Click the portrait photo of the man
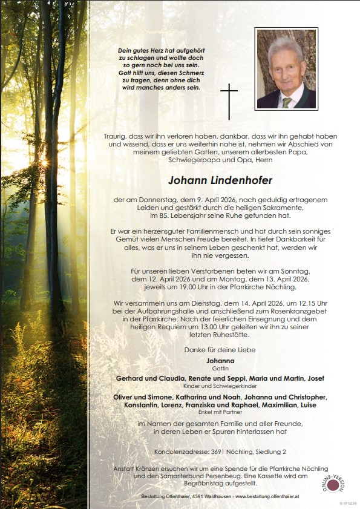click(286, 68)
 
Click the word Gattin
click(220, 367)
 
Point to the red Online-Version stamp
click(333, 484)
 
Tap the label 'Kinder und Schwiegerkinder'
click(220, 386)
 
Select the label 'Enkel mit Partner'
click(220, 412)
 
